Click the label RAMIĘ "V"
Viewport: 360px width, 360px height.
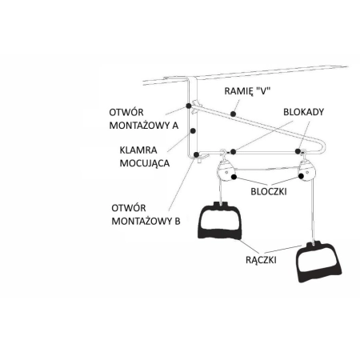(247, 91)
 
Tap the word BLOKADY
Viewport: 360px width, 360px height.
(303, 112)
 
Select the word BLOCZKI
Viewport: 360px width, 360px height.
(269, 191)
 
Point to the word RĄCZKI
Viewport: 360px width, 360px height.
(261, 260)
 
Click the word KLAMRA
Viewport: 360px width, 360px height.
(138, 150)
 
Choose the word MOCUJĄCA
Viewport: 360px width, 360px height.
(145, 163)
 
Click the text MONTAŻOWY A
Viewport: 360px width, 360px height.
(144, 126)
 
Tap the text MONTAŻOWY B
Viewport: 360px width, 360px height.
(146, 221)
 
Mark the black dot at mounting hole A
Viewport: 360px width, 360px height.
(189, 106)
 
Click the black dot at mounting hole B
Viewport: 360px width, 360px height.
(196, 154)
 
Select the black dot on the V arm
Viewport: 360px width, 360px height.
(233, 114)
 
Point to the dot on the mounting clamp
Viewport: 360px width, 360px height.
(193, 130)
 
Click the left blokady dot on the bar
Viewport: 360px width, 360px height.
(233, 152)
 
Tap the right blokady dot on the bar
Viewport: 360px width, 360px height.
(298, 151)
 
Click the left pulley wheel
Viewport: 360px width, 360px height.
(226, 171)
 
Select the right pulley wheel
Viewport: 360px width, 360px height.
(307, 171)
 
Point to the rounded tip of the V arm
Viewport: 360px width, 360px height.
(325, 146)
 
